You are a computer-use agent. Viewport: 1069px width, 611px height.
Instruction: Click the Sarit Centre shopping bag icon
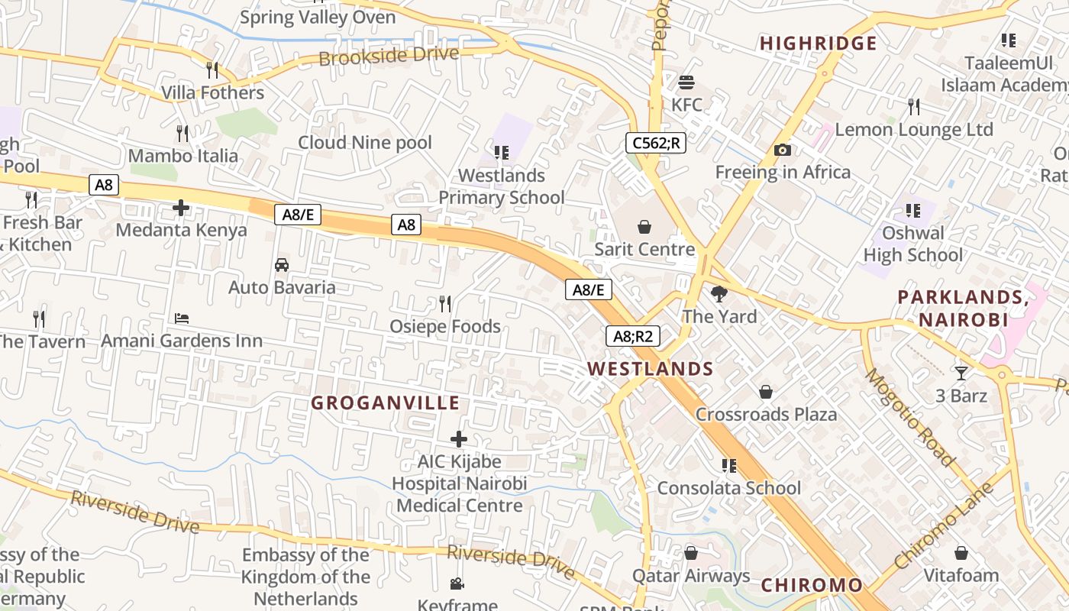[x=644, y=227]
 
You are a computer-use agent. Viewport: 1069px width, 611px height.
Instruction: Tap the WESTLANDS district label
[x=650, y=369]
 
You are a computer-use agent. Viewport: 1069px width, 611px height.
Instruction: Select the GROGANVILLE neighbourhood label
[x=386, y=402]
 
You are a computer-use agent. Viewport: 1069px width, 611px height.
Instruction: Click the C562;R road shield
[x=655, y=143]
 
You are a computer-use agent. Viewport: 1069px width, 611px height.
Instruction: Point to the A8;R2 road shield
[x=632, y=336]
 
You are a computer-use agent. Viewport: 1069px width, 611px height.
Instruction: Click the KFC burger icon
[x=686, y=82]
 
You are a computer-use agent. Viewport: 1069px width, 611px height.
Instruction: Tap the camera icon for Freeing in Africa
[x=782, y=150]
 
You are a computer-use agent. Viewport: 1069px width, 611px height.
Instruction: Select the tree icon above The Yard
[x=719, y=294]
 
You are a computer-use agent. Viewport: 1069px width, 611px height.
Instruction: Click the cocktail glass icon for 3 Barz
[x=961, y=373]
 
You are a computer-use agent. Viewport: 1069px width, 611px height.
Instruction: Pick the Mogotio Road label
[x=909, y=417]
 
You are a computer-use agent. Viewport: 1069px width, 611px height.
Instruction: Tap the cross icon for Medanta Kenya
[x=181, y=208]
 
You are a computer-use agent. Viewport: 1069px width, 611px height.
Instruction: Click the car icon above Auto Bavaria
[x=281, y=265]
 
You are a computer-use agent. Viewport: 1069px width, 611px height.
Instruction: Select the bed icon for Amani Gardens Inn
[x=181, y=318]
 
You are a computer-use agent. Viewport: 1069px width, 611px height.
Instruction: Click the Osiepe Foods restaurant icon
[x=445, y=304]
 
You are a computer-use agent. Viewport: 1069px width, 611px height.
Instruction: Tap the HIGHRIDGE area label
[x=818, y=44]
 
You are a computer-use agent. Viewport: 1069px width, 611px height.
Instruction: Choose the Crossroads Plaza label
[x=766, y=414]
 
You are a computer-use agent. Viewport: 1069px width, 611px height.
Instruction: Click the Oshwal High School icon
[x=912, y=210]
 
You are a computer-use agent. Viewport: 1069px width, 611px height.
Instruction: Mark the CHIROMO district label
[x=812, y=586]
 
